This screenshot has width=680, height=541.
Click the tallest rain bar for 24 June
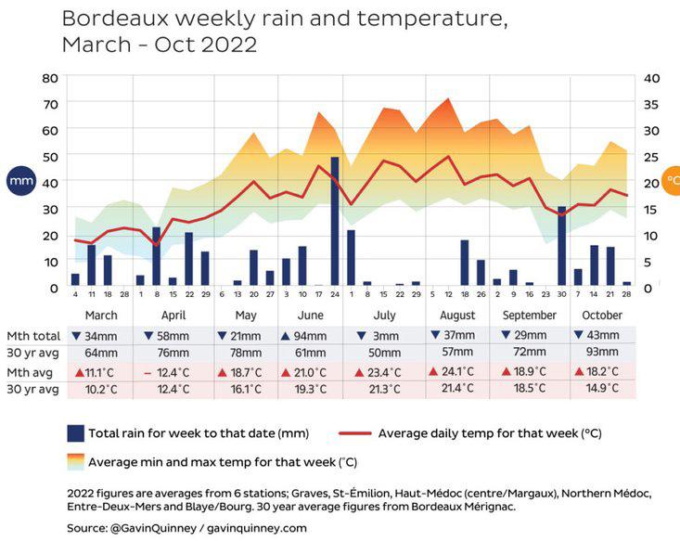(335, 222)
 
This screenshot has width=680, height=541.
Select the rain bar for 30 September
(561, 246)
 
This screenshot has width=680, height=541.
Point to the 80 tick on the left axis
(50, 78)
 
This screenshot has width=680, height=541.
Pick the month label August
(456, 316)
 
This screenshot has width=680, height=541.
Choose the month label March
(100, 316)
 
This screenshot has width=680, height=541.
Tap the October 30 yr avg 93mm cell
(604, 353)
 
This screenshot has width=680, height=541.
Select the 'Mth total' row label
(33, 336)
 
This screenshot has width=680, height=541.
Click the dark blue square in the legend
(76, 433)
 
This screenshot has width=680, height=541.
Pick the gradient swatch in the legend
(76, 460)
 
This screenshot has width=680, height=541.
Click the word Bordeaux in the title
(109, 19)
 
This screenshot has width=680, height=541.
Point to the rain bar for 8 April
(157, 256)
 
